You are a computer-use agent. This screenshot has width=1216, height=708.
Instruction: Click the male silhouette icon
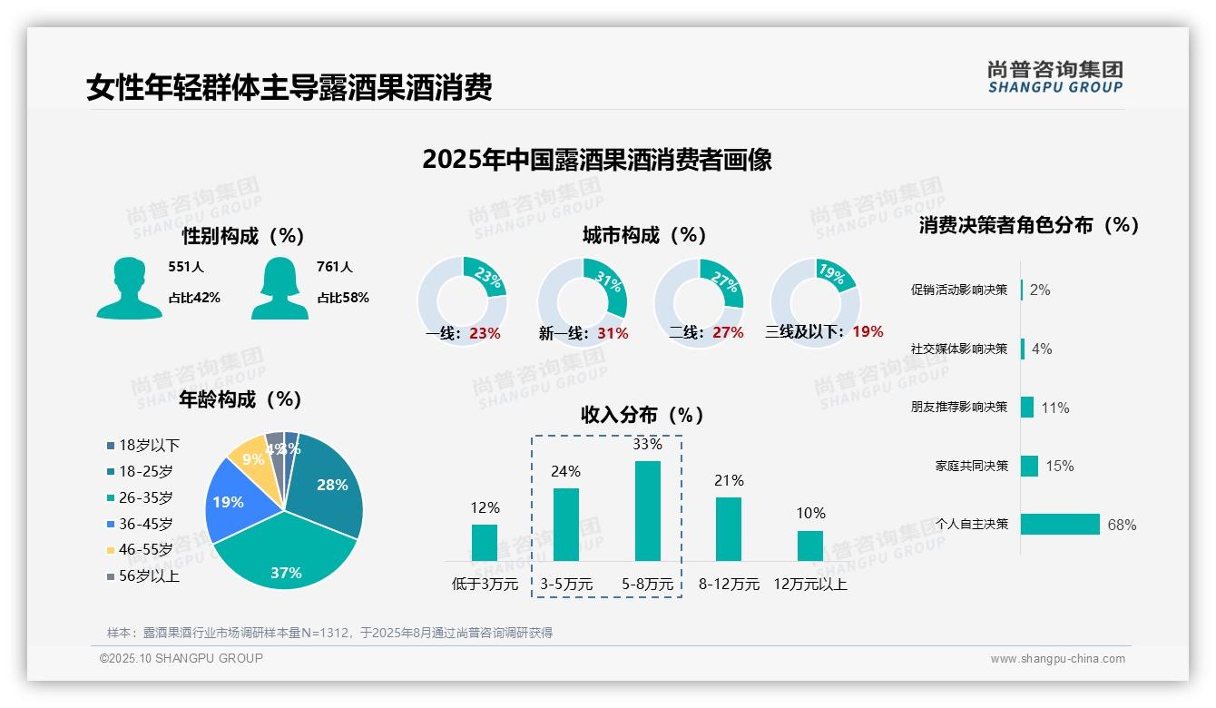point(129,289)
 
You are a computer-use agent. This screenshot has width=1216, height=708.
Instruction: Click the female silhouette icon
point(279,289)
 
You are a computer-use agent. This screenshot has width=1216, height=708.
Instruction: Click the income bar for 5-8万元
point(647,511)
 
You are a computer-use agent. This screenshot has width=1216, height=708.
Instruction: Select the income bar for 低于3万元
point(485,543)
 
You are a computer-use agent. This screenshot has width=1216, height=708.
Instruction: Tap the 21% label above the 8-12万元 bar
point(729,481)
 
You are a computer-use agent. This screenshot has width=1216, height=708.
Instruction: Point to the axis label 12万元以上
point(809,585)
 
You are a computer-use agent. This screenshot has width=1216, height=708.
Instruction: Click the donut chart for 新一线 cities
point(583,301)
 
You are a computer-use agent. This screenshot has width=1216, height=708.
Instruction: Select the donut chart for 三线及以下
point(815,301)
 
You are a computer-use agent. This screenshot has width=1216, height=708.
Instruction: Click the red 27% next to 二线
point(728,333)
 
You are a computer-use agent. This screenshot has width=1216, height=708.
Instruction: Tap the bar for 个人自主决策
point(1060,524)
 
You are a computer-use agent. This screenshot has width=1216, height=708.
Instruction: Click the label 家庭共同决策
point(971,466)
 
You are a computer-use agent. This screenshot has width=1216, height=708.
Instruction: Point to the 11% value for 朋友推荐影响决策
point(1054,408)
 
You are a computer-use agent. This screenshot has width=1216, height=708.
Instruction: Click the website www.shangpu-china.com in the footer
point(1057,659)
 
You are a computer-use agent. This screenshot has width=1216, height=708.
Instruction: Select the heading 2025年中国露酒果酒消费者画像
point(597,160)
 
